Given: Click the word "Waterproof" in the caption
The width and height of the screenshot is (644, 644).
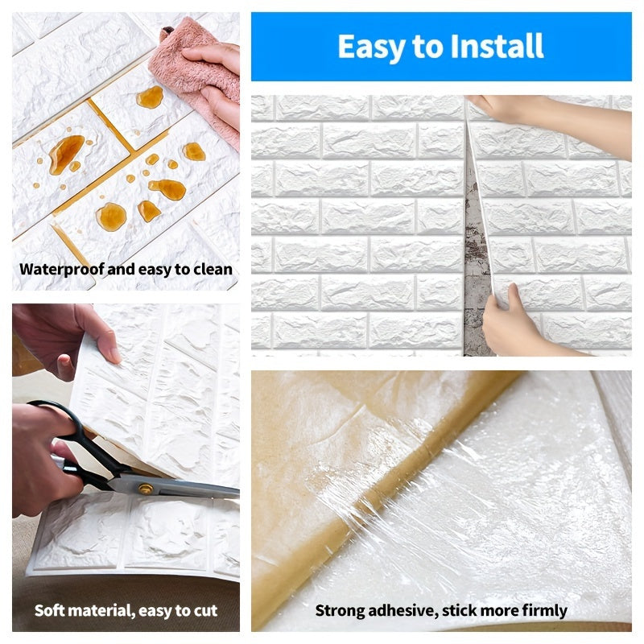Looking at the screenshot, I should [x=62, y=270].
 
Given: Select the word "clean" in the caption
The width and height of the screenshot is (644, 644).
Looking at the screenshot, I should [x=213, y=270].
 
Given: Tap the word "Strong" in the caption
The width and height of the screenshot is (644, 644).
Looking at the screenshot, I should [x=339, y=611].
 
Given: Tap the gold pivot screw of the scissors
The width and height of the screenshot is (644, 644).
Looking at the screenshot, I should [x=146, y=488].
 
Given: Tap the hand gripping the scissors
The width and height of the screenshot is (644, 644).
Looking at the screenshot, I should [x=36, y=459].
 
